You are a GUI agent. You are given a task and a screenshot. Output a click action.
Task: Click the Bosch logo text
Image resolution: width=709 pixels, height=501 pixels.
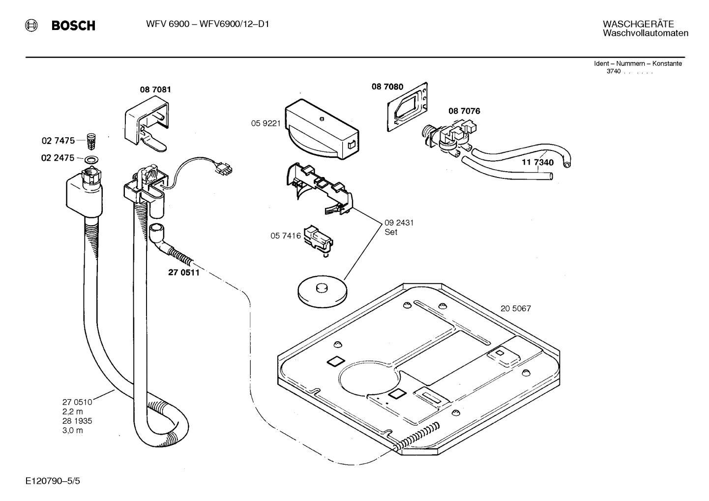73,26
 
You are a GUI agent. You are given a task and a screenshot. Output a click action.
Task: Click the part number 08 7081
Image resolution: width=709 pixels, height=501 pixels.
155,89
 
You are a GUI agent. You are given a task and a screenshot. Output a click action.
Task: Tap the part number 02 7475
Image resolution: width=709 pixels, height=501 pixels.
58,141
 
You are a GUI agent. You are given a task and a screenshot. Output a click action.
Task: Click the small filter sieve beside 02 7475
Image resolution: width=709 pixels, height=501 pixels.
90,141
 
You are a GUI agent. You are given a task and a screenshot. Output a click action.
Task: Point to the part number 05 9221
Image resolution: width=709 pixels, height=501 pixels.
266,123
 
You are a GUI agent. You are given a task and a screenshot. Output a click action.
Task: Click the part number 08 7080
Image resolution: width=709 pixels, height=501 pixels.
387,87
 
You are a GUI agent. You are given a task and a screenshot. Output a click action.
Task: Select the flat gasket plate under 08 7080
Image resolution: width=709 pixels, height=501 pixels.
407,107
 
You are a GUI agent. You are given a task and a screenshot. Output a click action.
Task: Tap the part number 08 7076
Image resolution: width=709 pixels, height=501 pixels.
464,111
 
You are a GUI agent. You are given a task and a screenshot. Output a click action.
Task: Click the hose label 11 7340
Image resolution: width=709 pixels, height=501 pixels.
537,163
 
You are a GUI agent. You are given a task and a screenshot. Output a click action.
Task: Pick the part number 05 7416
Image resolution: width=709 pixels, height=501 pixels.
285,236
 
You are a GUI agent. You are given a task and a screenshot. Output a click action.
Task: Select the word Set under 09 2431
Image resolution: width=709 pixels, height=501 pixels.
391,232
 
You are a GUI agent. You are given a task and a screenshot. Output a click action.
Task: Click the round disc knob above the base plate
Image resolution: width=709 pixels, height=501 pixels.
322,291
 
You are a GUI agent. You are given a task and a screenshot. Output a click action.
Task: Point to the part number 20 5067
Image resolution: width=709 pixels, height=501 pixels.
515,309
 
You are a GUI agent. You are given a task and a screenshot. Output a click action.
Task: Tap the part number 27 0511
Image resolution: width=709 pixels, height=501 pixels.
184,272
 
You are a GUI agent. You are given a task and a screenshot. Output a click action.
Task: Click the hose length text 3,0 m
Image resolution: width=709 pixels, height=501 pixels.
72,430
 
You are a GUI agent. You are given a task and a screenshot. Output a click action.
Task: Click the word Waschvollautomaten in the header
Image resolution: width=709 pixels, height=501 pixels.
645,33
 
